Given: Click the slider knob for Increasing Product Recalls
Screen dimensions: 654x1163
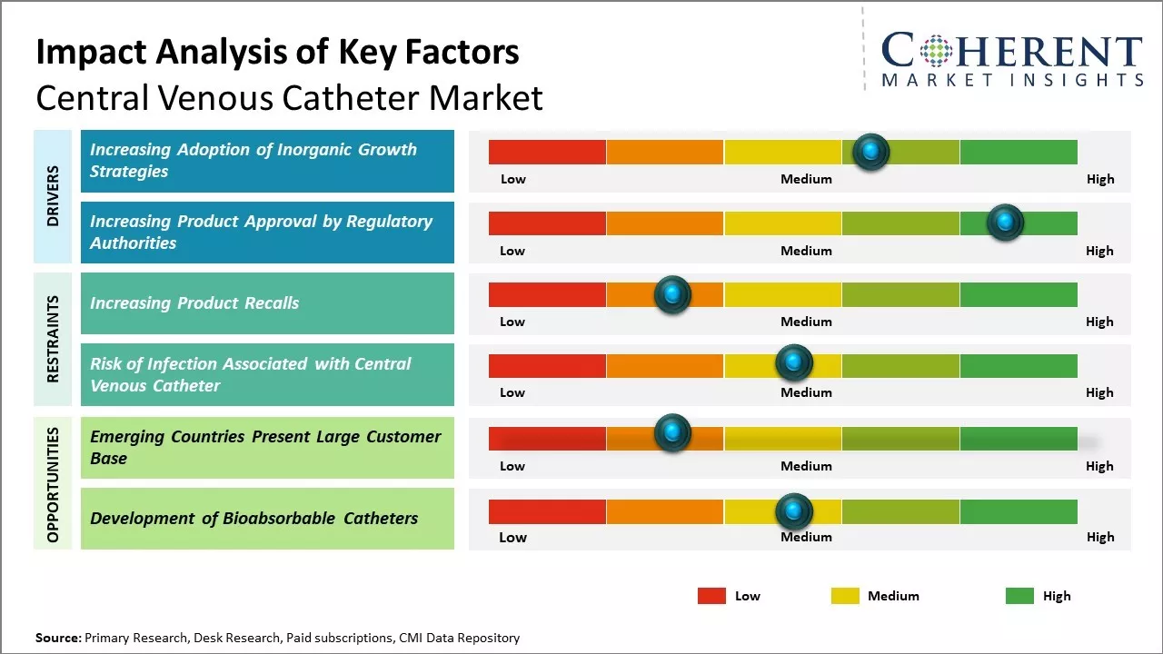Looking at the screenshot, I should (x=672, y=294).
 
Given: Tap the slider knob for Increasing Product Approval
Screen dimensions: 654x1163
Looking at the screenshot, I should (x=1005, y=223).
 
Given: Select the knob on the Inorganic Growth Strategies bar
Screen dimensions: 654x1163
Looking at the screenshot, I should (x=871, y=152).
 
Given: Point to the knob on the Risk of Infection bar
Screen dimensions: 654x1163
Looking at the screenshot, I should (x=794, y=363).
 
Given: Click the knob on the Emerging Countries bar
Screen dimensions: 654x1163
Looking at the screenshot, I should (x=672, y=433).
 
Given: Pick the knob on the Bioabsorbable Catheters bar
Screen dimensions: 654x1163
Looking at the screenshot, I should (x=794, y=511).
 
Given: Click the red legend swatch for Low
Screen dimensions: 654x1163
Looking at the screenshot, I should (x=711, y=596).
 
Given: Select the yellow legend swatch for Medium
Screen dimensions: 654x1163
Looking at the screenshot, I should (x=845, y=596).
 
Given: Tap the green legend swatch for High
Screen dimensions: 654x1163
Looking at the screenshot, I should (x=1019, y=596).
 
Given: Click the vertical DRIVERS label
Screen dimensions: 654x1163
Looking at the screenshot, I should (x=53, y=195).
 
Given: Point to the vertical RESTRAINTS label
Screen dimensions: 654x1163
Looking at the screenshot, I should (x=53, y=339).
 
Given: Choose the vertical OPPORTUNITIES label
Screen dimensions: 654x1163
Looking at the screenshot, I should (x=53, y=484).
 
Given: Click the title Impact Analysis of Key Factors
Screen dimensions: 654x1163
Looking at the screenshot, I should (x=277, y=52).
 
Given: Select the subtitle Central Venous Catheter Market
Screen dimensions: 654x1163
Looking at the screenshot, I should (x=289, y=97).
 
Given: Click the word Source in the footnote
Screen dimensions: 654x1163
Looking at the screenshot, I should (x=57, y=638).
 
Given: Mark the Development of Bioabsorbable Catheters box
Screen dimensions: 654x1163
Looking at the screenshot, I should (x=267, y=519).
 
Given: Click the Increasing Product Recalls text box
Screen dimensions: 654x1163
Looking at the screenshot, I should (x=267, y=303).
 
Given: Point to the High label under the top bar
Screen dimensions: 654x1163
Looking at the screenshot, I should (x=1099, y=179).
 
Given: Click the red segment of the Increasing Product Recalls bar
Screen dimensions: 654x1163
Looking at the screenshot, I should (x=547, y=294).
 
